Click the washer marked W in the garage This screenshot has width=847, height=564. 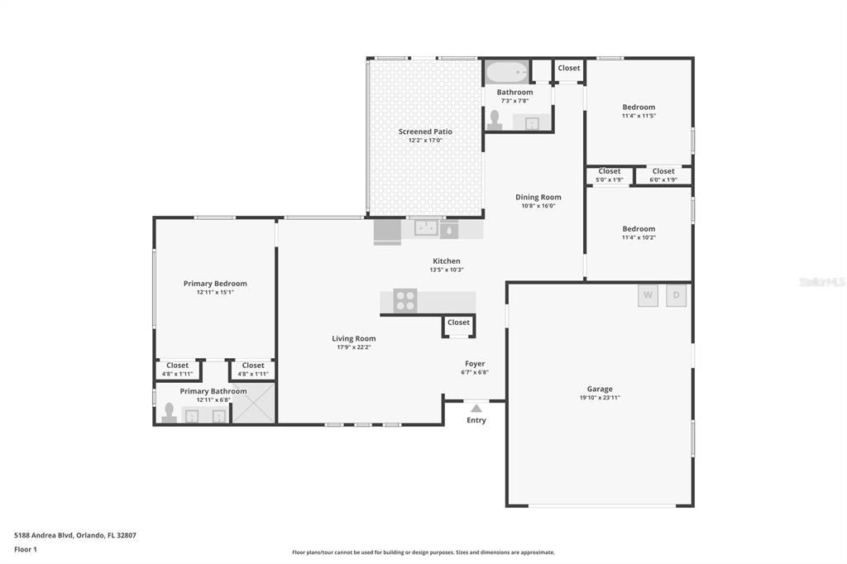pyautogui.click(x=648, y=295)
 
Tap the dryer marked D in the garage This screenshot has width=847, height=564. pyautogui.click(x=677, y=295)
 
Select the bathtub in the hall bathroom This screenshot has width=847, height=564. pyautogui.click(x=506, y=72)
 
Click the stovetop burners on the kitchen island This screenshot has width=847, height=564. pyautogui.click(x=405, y=301)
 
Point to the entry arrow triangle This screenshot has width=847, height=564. pyautogui.click(x=476, y=409)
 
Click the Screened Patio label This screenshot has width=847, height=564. pyautogui.click(x=425, y=131)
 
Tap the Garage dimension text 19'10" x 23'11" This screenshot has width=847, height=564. pyautogui.click(x=600, y=398)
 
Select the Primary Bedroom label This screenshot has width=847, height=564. pyautogui.click(x=215, y=283)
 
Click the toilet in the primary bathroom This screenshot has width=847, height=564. pyautogui.click(x=169, y=413)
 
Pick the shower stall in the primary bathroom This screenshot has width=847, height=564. pyautogui.click(x=254, y=403)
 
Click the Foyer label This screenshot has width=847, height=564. pyautogui.click(x=475, y=364)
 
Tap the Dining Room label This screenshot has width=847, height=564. pyautogui.click(x=538, y=197)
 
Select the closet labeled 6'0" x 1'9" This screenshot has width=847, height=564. pyautogui.click(x=663, y=175)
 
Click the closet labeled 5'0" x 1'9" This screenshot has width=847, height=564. pyautogui.click(x=610, y=175)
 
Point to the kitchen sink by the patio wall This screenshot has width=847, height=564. pyautogui.click(x=426, y=227)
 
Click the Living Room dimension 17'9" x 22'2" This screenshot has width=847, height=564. pyautogui.click(x=354, y=347)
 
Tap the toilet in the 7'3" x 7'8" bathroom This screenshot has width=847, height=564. pyautogui.click(x=495, y=121)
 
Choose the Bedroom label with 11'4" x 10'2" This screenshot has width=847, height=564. pyautogui.click(x=639, y=228)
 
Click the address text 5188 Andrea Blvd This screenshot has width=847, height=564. pyautogui.click(x=44, y=535)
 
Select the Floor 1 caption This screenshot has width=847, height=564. pyautogui.click(x=26, y=549)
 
